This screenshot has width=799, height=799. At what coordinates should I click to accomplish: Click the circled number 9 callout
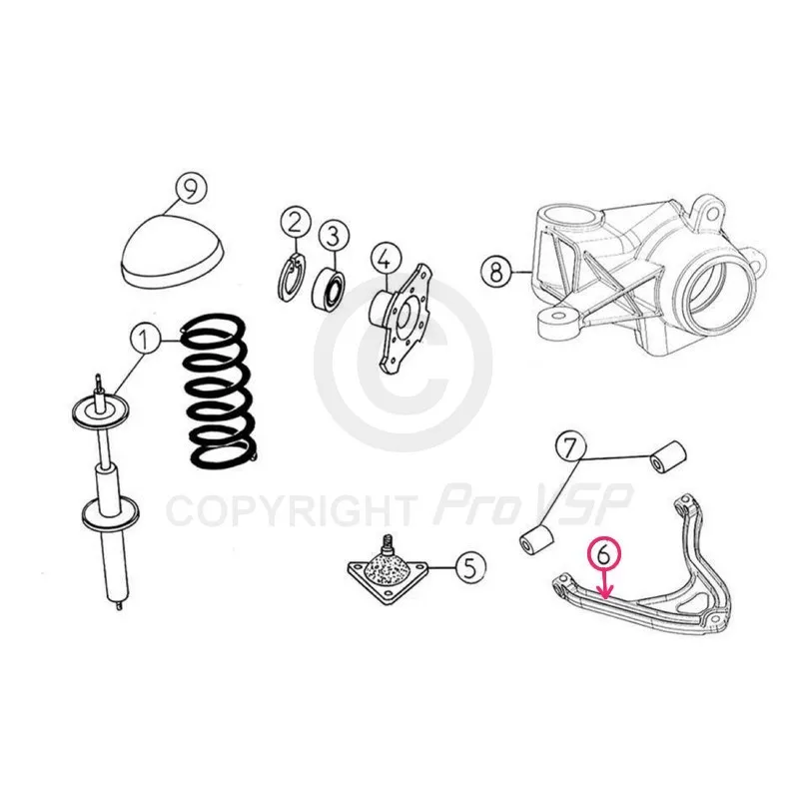pos(191,190)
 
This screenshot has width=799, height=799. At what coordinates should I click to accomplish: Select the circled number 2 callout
pos(296,223)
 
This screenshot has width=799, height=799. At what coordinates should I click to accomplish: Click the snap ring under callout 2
pos(292,278)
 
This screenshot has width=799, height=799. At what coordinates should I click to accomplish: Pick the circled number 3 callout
pos(334,236)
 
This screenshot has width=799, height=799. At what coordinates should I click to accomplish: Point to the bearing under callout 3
pos(329,289)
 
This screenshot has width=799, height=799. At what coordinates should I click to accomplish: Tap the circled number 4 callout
pos(386,260)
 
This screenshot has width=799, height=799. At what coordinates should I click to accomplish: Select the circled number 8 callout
pos(496,272)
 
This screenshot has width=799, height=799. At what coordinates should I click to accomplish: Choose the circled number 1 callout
pos(146,340)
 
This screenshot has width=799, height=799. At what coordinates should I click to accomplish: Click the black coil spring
pos(219,392)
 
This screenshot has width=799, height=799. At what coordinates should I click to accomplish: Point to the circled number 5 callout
pos(470,566)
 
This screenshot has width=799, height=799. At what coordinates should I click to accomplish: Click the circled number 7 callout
pos(570,447)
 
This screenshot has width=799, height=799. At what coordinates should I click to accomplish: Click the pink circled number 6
pos(605,555)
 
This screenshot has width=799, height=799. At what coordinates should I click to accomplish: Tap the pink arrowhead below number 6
pos(605,593)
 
